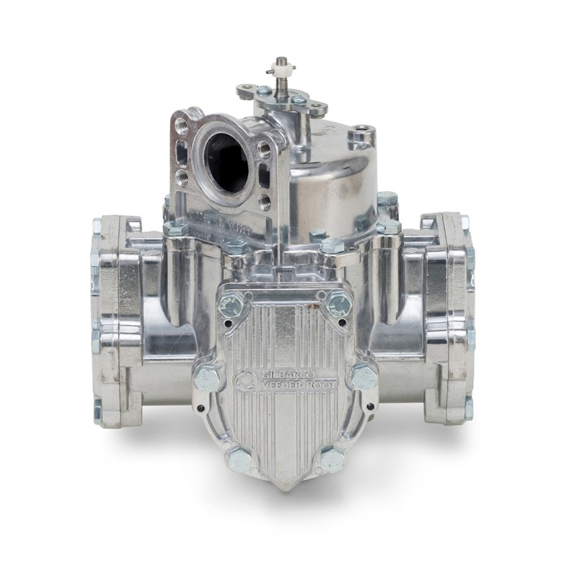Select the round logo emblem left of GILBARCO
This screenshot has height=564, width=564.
tap(243, 379)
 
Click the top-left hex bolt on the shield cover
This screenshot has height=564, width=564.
tap(231, 305)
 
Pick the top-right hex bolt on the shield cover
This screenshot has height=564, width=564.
tap(339, 304)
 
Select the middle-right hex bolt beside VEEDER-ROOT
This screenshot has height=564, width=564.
tap(364, 376)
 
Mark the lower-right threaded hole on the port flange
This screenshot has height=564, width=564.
tap(264, 202)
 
